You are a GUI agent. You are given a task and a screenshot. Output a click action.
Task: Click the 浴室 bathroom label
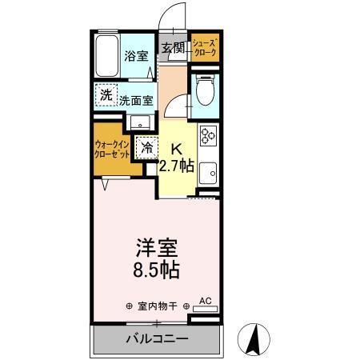(136, 56)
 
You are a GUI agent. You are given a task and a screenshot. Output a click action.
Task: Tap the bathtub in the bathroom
(106, 56)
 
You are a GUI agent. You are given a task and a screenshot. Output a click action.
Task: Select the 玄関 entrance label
(173, 48)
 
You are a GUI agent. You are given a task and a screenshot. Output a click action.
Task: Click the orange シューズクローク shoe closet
(202, 49)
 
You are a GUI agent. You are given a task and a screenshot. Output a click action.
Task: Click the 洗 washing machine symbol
(106, 94)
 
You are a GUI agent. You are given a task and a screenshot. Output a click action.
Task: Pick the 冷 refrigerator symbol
(147, 146)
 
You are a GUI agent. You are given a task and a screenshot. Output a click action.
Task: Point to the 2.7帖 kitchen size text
(175, 166)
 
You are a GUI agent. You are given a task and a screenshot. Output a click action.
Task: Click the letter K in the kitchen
(178, 148)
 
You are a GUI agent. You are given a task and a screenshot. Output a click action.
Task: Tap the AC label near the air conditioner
(205, 300)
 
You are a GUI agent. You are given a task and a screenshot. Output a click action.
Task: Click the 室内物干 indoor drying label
(156, 306)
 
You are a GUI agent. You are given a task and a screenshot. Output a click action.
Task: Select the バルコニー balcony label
(157, 339)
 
